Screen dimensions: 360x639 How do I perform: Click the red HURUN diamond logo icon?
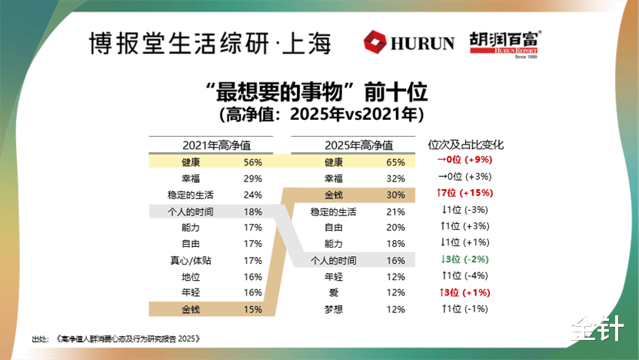pyautogui.click(x=378, y=42)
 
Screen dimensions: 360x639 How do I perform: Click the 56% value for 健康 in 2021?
pyautogui.click(x=252, y=162)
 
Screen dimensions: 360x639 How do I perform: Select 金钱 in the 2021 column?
pyautogui.click(x=191, y=310)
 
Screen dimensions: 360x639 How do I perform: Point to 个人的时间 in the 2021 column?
pyautogui.click(x=190, y=211)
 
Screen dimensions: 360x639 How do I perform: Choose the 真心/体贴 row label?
pyautogui.click(x=190, y=261)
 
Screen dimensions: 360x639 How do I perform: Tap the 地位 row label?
pyautogui.click(x=191, y=277)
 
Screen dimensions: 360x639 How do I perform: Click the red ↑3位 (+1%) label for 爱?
pyautogui.click(x=464, y=292)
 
